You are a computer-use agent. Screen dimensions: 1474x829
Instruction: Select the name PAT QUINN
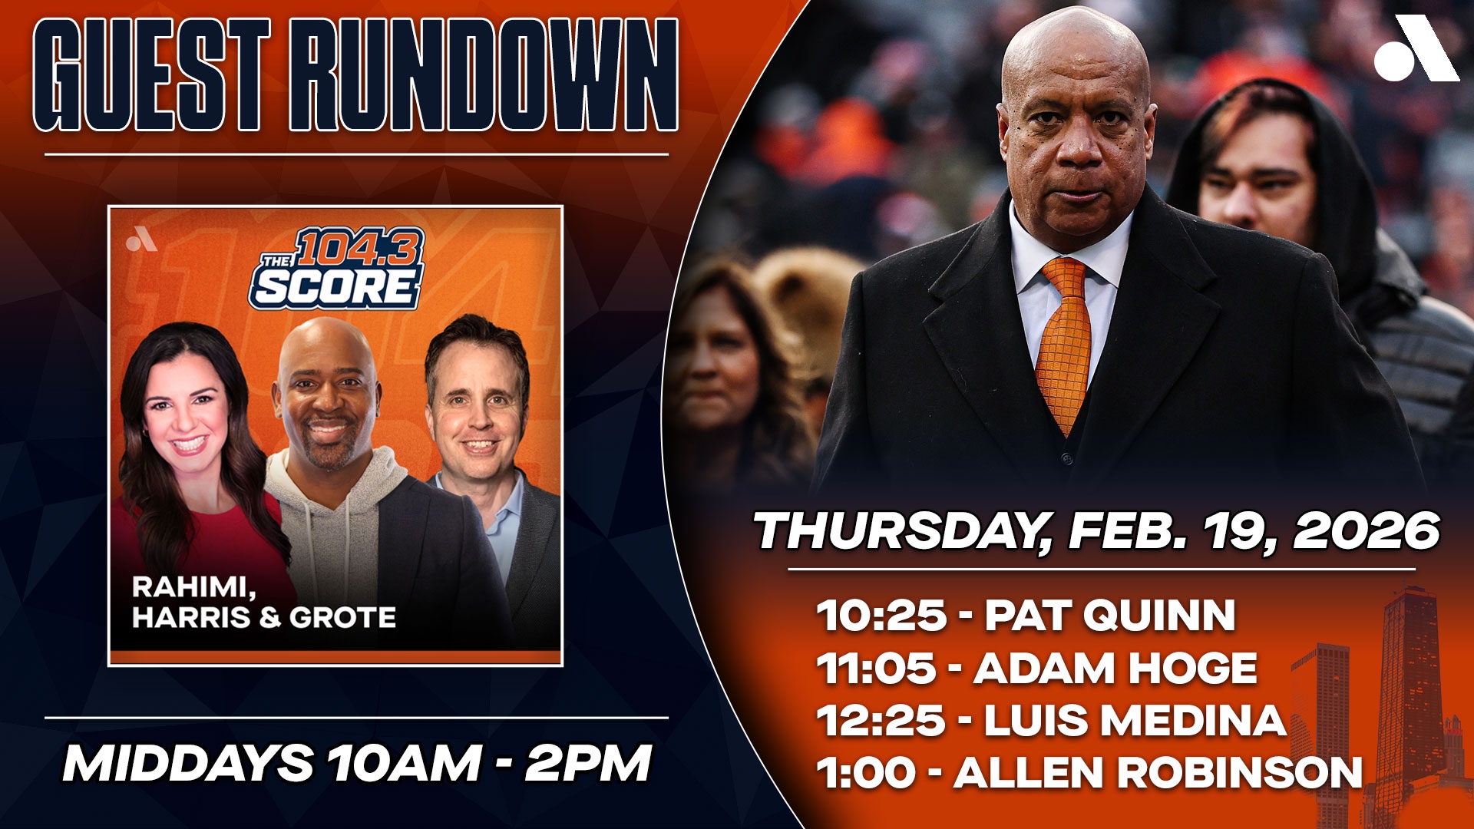[1110, 615]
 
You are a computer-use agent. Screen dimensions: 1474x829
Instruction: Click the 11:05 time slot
[877, 668]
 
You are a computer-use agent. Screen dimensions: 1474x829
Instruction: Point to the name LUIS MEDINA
[1135, 720]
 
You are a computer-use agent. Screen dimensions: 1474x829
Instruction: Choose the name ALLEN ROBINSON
[1158, 772]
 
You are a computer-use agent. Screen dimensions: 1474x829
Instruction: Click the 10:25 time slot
[881, 615]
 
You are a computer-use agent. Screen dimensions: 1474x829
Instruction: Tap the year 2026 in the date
[1367, 530]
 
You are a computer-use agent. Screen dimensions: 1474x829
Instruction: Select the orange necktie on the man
[1063, 342]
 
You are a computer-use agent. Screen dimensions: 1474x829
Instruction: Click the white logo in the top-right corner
[1416, 48]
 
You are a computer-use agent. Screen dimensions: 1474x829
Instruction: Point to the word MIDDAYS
[188, 763]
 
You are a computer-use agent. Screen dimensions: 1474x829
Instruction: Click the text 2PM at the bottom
[588, 763]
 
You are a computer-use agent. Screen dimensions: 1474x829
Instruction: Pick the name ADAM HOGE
[1115, 668]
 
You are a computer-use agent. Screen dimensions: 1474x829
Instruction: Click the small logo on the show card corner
[141, 242]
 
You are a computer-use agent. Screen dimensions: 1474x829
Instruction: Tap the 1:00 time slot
[866, 772]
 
